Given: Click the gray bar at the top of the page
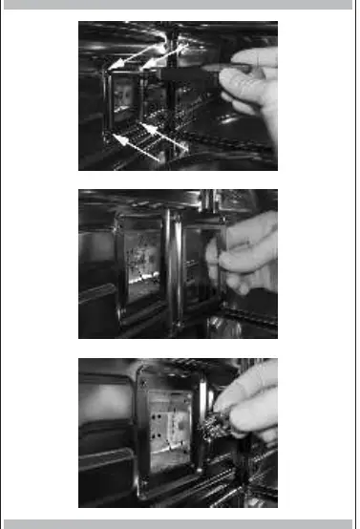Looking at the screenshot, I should tap(180, 5).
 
